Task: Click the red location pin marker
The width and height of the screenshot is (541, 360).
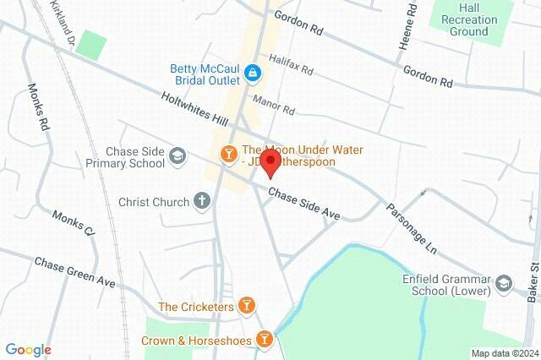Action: click(270, 162)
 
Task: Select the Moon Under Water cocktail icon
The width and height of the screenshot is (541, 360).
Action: click(227, 153)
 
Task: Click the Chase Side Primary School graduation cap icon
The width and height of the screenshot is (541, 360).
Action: click(178, 155)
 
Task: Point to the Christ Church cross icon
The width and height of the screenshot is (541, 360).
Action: click(201, 201)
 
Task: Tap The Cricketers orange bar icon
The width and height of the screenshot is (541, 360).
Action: click(246, 305)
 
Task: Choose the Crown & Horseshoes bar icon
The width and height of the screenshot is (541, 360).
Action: click(265, 339)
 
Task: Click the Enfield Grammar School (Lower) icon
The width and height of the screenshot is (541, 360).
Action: click(505, 282)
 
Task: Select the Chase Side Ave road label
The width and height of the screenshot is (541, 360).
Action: click(304, 205)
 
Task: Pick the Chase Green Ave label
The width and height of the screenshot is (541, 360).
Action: click(74, 270)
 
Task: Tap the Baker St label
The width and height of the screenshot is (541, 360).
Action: click(533, 282)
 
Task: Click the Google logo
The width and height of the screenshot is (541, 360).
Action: click(28, 350)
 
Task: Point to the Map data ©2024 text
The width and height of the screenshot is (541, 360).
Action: click(504, 353)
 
